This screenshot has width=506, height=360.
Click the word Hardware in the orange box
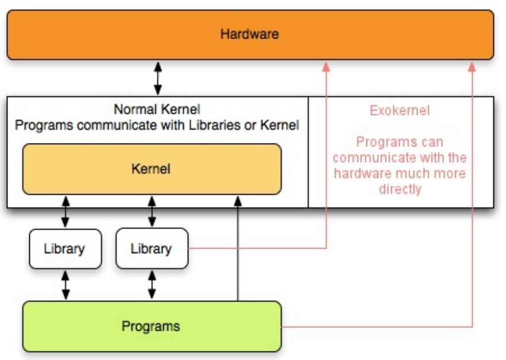[x=249, y=34]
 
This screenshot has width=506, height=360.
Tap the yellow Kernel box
[x=152, y=169]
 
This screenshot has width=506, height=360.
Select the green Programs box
[x=152, y=326]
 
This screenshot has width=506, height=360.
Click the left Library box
[x=65, y=249]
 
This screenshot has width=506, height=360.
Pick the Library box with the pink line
[x=152, y=249]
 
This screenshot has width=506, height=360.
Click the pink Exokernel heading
[x=400, y=111]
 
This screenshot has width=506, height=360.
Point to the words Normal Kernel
[x=157, y=109]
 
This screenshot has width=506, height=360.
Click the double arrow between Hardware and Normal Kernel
[x=158, y=79]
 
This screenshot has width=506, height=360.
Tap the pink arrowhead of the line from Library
[x=326, y=67]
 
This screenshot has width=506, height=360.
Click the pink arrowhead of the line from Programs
[x=472, y=67]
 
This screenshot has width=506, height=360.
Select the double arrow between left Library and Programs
[x=65, y=285]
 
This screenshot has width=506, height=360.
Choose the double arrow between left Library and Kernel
[x=65, y=212]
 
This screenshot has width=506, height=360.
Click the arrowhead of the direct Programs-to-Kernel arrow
[x=238, y=201]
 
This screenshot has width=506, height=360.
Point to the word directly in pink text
[x=400, y=189]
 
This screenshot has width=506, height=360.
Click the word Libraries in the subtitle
[x=215, y=125]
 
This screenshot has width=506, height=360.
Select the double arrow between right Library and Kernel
[x=152, y=212]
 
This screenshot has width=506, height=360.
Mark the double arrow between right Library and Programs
[x=152, y=285]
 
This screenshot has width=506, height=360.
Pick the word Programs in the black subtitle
[x=44, y=126]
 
